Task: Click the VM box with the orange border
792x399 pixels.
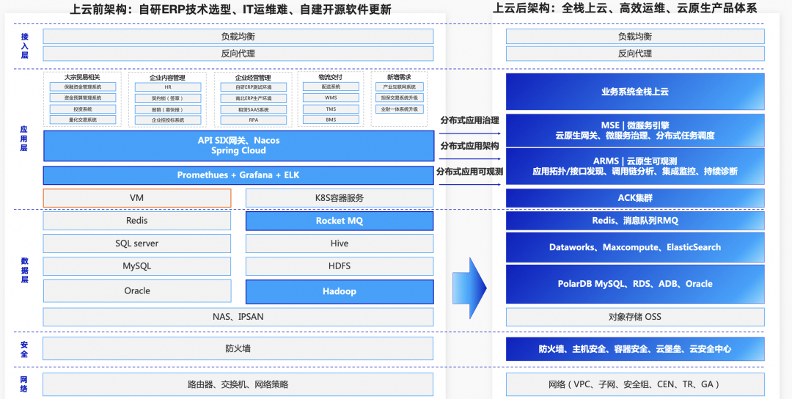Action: pos(137,198)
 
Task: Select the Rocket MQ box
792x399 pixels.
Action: pos(340,221)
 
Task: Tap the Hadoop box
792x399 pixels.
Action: pos(340,291)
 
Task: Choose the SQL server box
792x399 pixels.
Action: pos(137,244)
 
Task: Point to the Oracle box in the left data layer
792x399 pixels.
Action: pos(137,291)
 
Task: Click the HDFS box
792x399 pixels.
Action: pos(340,266)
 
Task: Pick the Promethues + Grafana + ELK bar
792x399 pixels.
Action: pos(238,175)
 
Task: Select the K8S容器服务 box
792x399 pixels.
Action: pos(340,198)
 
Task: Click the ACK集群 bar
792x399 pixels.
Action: pos(635,198)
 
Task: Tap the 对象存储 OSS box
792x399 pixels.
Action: pos(635,317)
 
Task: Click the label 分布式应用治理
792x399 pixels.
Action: pos(469,120)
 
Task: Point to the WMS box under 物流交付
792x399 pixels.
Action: pos(331,98)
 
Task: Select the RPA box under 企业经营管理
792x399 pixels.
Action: pos(253,120)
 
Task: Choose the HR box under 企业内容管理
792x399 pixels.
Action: pos(168,87)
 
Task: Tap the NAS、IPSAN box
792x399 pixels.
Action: pos(238,317)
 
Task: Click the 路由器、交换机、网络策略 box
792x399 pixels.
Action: pos(238,384)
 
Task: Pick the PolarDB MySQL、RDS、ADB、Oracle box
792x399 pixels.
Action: pos(635,284)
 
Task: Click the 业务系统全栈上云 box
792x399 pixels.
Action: pos(635,92)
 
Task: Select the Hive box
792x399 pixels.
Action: pos(340,244)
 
